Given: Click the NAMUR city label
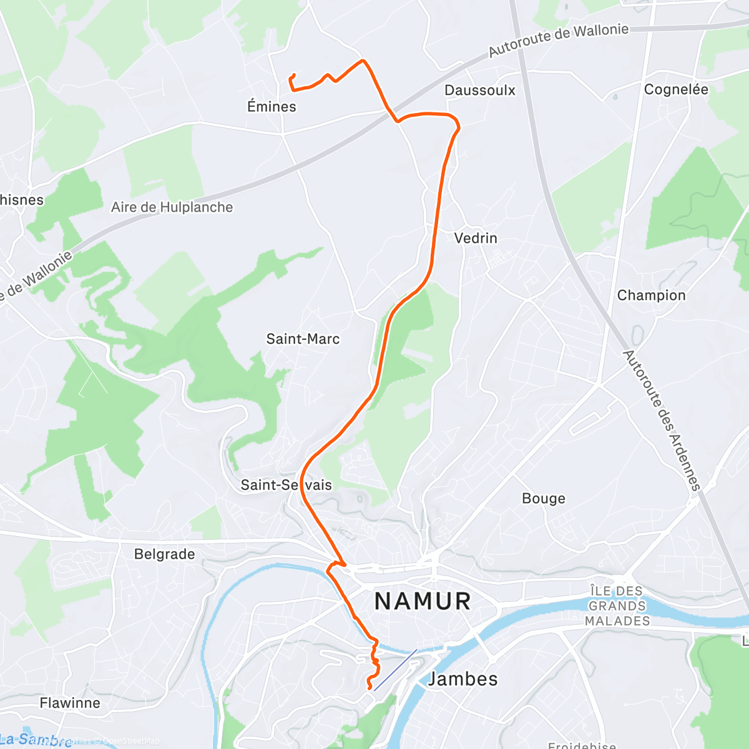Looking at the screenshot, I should [423, 602].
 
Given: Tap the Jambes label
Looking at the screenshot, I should [463, 678].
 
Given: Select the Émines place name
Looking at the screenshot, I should [272, 107].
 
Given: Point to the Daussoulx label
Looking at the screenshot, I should [480, 91].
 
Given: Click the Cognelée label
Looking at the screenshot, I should [676, 90].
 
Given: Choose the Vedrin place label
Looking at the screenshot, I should [476, 238].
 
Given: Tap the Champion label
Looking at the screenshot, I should [651, 295].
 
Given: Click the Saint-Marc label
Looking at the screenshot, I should [303, 339].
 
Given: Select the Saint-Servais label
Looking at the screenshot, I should [286, 485].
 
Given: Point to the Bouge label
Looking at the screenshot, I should [544, 499].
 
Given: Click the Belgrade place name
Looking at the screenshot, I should [164, 554].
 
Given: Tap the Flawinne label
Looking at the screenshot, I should [70, 703].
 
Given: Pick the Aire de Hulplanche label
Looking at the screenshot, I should [172, 207].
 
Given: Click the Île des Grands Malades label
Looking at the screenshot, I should [617, 605].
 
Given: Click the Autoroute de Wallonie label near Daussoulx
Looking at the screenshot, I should [558, 39].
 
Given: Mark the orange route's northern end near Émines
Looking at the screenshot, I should [293, 76].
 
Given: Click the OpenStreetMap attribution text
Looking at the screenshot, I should [131, 741].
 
